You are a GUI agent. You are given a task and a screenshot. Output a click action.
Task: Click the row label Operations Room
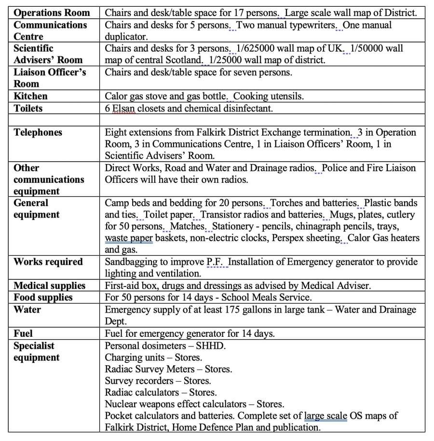click(x=52, y=13)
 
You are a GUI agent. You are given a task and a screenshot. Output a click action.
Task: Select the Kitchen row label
click(x=30, y=96)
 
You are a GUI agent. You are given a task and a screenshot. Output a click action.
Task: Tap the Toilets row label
click(x=28, y=108)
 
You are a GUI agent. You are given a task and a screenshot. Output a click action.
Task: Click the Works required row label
click(x=48, y=262)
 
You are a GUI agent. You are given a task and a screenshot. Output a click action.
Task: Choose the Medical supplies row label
click(x=49, y=286)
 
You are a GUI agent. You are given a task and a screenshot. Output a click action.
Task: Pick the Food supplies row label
click(x=43, y=297)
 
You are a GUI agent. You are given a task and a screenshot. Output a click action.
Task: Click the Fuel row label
click(x=23, y=333)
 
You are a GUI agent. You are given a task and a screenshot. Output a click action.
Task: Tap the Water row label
click(x=27, y=309)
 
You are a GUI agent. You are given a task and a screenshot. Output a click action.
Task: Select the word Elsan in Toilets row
click(x=123, y=108)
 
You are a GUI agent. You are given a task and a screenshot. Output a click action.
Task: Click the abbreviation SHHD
click(x=212, y=345)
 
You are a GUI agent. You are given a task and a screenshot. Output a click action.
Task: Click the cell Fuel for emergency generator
click(x=190, y=333)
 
